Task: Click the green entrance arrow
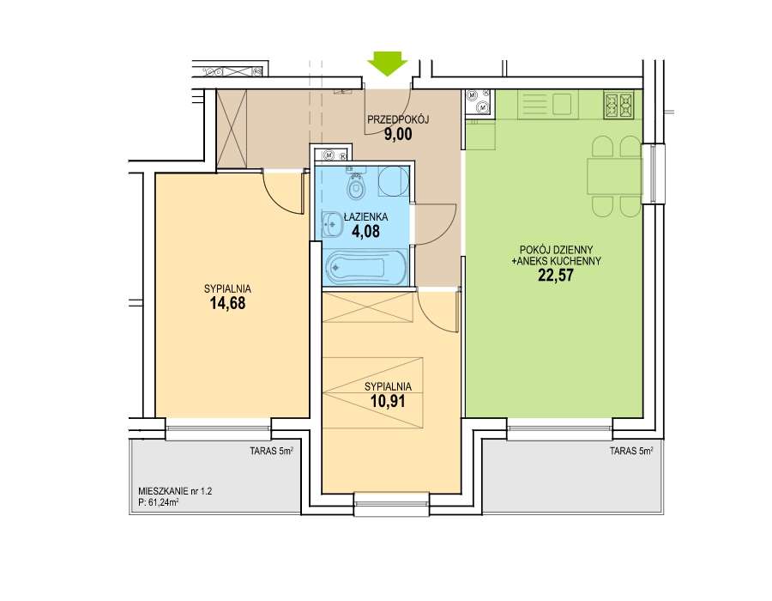[x=388, y=63]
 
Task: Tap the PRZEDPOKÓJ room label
[x=399, y=119]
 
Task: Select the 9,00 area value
[x=398, y=135]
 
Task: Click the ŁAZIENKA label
[x=365, y=216]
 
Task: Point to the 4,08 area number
[x=365, y=231]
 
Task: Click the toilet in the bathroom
[x=355, y=187]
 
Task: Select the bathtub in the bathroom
[x=365, y=268]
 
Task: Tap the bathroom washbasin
[x=332, y=226]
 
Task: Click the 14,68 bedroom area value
[x=227, y=303]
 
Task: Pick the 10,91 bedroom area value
[x=388, y=401]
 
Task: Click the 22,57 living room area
[x=556, y=275]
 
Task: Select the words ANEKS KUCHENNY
[x=558, y=261]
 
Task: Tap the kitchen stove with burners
[x=618, y=106]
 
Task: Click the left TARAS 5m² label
[x=271, y=450]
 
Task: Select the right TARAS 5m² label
[x=631, y=450]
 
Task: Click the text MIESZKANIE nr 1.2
[x=175, y=491]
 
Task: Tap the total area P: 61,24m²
[x=159, y=503]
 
